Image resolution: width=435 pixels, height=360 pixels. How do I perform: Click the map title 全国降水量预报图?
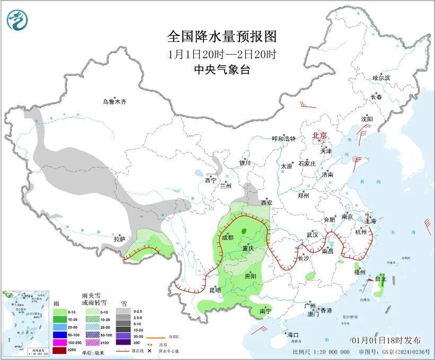click(x=222, y=37)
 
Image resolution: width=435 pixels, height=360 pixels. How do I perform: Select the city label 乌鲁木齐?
click(x=115, y=101)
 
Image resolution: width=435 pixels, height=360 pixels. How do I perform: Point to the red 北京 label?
click(x=320, y=135)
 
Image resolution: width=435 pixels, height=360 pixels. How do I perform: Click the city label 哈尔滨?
click(x=381, y=78)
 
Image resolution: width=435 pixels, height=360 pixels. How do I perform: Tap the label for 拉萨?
click(x=120, y=239)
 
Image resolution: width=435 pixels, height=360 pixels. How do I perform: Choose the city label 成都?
click(x=227, y=238)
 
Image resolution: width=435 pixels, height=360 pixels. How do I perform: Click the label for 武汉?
click(x=312, y=234)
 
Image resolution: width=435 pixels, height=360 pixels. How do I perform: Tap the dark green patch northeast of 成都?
click(x=244, y=231)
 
